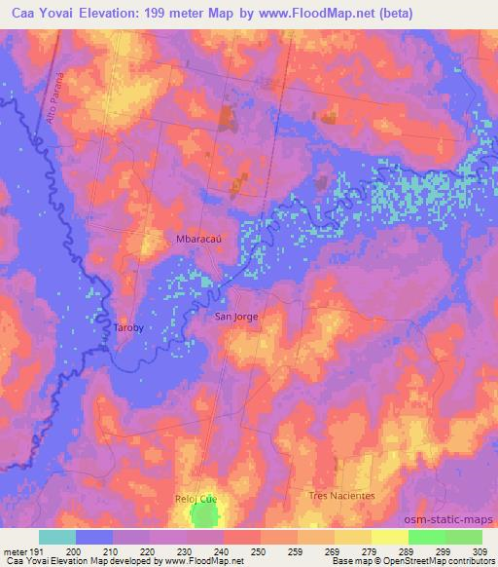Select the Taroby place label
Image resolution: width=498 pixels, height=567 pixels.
point(129,328)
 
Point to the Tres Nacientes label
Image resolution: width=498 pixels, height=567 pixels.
point(341,495)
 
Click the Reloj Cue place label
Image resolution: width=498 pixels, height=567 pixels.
point(195,498)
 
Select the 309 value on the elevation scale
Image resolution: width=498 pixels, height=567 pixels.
point(481,551)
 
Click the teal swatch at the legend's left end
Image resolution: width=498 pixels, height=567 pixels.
point(56,537)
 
